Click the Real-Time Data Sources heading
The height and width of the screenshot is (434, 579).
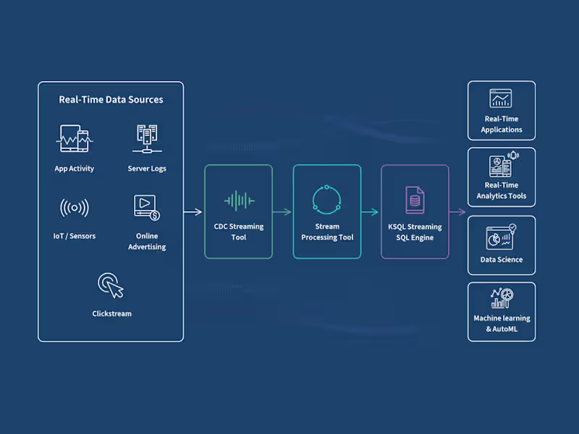click(x=111, y=100)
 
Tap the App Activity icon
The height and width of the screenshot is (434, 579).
click(x=74, y=139)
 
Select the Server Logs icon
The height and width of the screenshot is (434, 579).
click(x=147, y=139)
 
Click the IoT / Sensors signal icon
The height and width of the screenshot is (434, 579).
click(x=74, y=208)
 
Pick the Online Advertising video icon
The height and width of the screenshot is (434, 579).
click(x=147, y=207)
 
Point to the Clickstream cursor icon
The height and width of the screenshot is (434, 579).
click(x=111, y=285)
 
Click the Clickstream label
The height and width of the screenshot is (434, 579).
click(x=111, y=314)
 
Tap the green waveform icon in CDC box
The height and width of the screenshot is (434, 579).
click(x=238, y=200)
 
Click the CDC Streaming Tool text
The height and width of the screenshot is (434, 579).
click(x=238, y=231)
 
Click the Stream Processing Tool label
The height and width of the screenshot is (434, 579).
click(x=327, y=231)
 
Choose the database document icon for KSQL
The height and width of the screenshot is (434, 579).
click(x=415, y=200)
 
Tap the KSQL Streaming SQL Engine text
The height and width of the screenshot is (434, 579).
click(x=415, y=231)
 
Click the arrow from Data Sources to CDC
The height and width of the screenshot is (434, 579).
click(x=193, y=212)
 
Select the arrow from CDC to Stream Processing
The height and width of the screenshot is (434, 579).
click(x=282, y=212)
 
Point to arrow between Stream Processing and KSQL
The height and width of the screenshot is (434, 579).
click(x=371, y=212)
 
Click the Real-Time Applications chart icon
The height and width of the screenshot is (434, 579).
click(x=501, y=98)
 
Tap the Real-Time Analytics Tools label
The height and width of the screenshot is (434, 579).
click(x=502, y=190)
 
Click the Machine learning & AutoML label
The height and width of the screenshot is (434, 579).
click(x=502, y=323)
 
